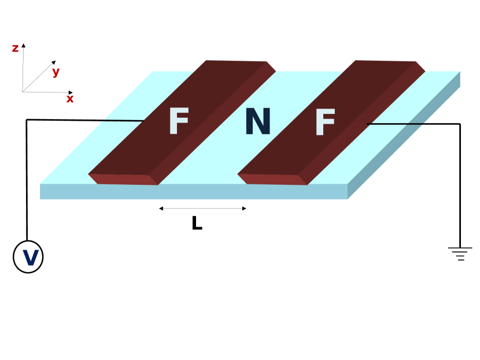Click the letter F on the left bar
(x=179, y=122)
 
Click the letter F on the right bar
(x=325, y=123)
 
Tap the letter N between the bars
(x=257, y=121)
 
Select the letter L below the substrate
(x=197, y=224)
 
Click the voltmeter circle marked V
(x=28, y=257)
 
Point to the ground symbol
(x=460, y=253)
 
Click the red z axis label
(x=16, y=49)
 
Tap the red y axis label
(x=56, y=72)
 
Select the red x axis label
(x=70, y=99)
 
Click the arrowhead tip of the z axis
(x=24, y=44)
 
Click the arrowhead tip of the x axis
(x=72, y=92)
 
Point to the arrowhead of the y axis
(x=54, y=62)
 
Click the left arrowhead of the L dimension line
(x=161, y=209)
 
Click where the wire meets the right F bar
(x=368, y=123)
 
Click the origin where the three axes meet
(x=23, y=92)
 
